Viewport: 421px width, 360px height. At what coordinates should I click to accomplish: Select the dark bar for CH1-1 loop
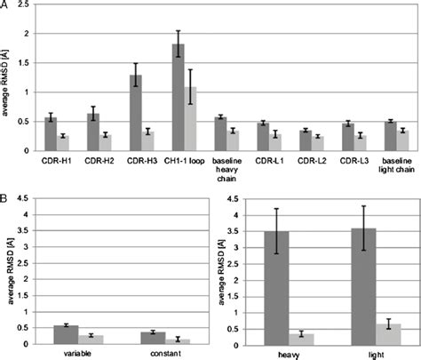[x=179, y=97]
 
